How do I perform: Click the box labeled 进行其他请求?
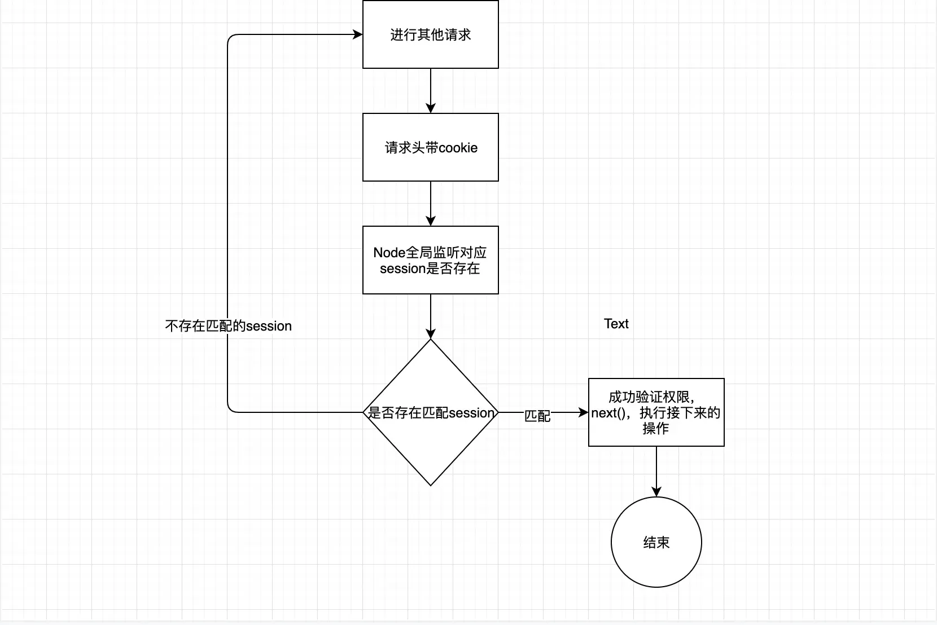430,34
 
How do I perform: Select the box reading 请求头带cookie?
430,147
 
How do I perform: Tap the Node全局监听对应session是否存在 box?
430,260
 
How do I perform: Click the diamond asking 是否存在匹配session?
430,412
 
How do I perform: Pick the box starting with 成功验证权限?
656,412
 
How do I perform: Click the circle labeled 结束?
656,542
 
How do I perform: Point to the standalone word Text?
616,324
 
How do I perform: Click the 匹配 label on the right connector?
537,416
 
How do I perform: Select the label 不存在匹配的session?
228,326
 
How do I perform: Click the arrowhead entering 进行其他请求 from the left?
358,34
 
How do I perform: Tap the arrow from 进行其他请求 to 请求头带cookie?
431,90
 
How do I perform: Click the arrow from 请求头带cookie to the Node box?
431,203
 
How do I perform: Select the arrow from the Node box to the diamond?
431,316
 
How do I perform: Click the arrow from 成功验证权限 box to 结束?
656,471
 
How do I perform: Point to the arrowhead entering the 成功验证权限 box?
584,412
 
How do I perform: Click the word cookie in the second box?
458,148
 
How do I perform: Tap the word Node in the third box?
389,253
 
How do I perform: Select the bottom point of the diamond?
431,485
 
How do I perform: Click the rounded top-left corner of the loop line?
230,37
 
